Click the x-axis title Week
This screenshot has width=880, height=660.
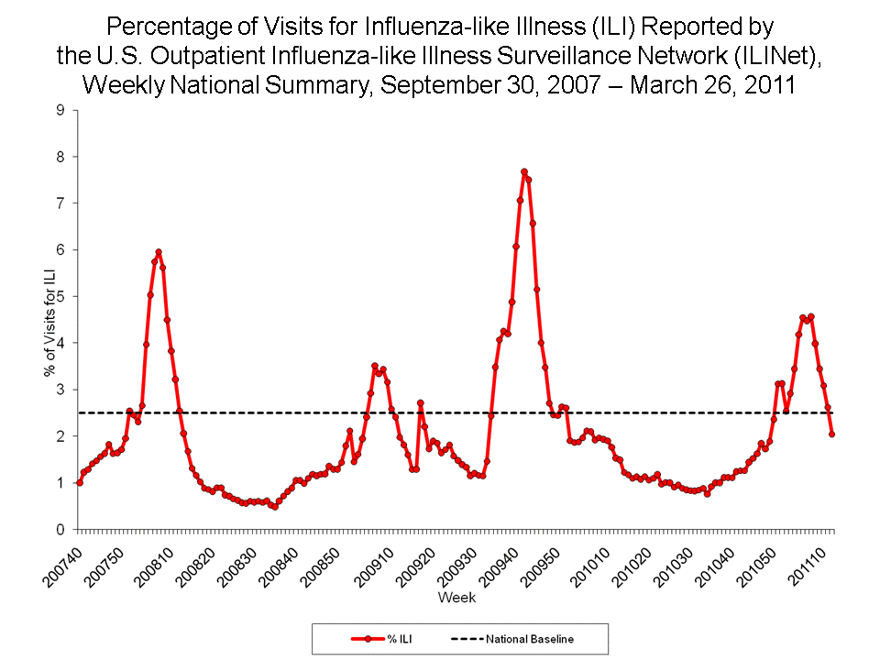pyautogui.click(x=456, y=598)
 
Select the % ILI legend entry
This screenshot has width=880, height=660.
pyautogui.click(x=379, y=639)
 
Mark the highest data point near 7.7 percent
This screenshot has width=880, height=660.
pyautogui.click(x=523, y=171)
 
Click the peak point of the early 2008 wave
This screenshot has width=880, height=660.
pyautogui.click(x=159, y=251)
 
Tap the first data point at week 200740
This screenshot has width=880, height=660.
pyautogui.click(x=80, y=482)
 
